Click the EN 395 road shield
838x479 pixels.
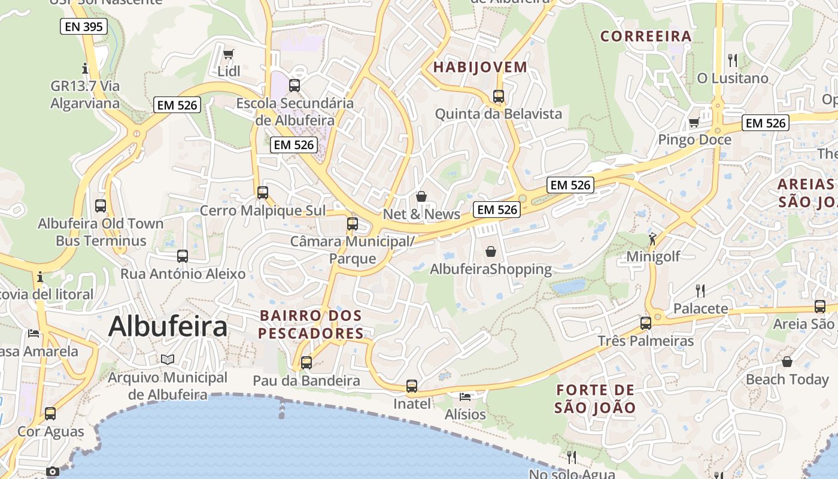[x=84, y=26]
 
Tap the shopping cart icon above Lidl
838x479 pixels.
[x=228, y=54]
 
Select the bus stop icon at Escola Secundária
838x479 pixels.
[x=294, y=85]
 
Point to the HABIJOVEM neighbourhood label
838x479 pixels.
[x=480, y=67]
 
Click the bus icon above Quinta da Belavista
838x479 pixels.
[x=499, y=96]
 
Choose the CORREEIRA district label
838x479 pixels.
[x=646, y=36]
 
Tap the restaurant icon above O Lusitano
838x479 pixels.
[x=732, y=60]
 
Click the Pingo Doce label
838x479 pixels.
[x=694, y=140]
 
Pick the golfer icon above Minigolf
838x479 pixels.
[x=652, y=239]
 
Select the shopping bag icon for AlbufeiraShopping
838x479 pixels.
[x=491, y=251]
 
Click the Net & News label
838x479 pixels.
[x=421, y=214]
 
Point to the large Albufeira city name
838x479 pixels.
[x=168, y=327]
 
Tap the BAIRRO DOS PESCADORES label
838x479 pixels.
[x=311, y=324]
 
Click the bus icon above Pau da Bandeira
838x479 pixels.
[x=306, y=362]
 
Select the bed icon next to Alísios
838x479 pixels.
[x=465, y=396]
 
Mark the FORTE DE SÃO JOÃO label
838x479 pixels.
[x=595, y=399]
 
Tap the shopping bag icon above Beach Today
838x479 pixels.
[x=787, y=362]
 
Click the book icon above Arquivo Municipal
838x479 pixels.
[x=168, y=359]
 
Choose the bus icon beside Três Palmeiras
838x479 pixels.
[x=646, y=323]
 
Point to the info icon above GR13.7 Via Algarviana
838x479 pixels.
[x=85, y=68]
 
